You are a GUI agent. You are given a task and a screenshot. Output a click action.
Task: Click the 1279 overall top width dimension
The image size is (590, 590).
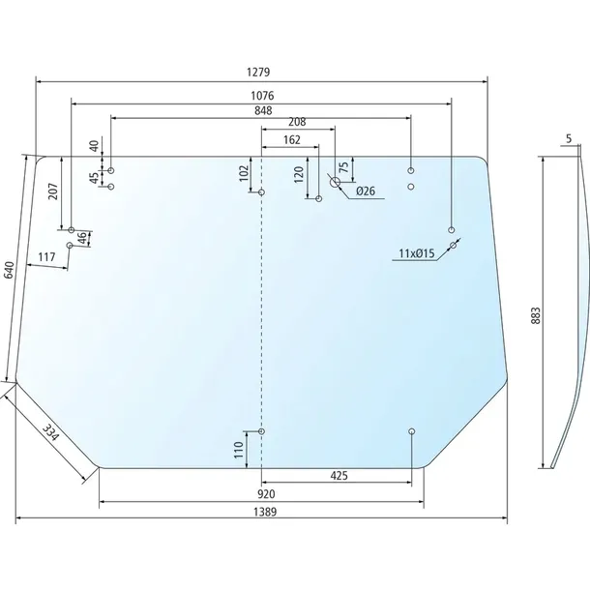258,72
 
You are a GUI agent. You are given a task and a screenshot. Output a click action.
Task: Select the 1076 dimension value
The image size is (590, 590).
262,96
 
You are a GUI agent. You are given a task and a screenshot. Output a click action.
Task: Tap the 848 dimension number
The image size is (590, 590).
263,110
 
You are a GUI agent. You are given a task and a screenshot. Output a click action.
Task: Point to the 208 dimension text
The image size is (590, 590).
297,122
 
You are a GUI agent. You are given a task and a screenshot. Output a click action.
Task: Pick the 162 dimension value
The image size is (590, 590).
291,140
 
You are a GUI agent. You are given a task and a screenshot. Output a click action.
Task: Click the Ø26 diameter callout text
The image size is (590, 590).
366,191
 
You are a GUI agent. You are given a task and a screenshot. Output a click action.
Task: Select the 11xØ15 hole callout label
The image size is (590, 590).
417,253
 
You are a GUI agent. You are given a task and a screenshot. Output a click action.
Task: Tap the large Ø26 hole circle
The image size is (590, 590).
335,183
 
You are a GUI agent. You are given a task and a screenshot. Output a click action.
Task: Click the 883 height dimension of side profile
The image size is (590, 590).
536,315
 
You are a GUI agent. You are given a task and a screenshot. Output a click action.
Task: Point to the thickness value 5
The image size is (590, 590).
569,138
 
